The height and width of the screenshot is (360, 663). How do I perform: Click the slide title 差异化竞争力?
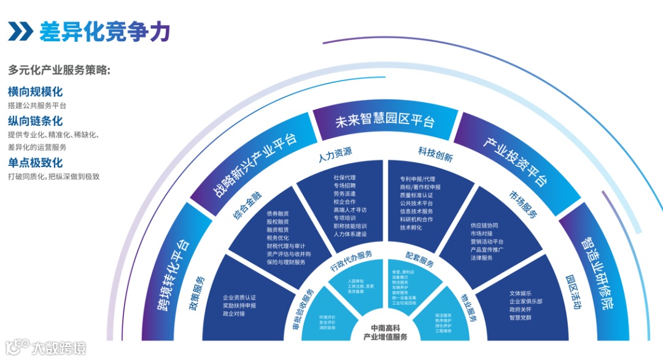[104, 31]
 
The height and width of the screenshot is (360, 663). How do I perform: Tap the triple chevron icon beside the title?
[21, 31]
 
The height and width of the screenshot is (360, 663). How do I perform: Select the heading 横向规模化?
[35, 92]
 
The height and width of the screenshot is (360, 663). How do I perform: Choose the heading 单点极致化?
[35, 163]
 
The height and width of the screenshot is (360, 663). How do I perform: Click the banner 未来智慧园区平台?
[385, 120]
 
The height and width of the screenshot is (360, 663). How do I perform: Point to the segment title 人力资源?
[335, 152]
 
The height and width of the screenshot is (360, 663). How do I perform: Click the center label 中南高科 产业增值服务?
[385, 332]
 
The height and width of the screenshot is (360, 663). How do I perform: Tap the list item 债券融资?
[277, 213]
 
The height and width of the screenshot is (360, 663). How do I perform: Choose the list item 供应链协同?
[484, 225]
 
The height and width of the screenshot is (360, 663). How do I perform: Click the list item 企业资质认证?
[239, 298]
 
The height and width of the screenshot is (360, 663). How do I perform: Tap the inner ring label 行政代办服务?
[351, 261]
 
